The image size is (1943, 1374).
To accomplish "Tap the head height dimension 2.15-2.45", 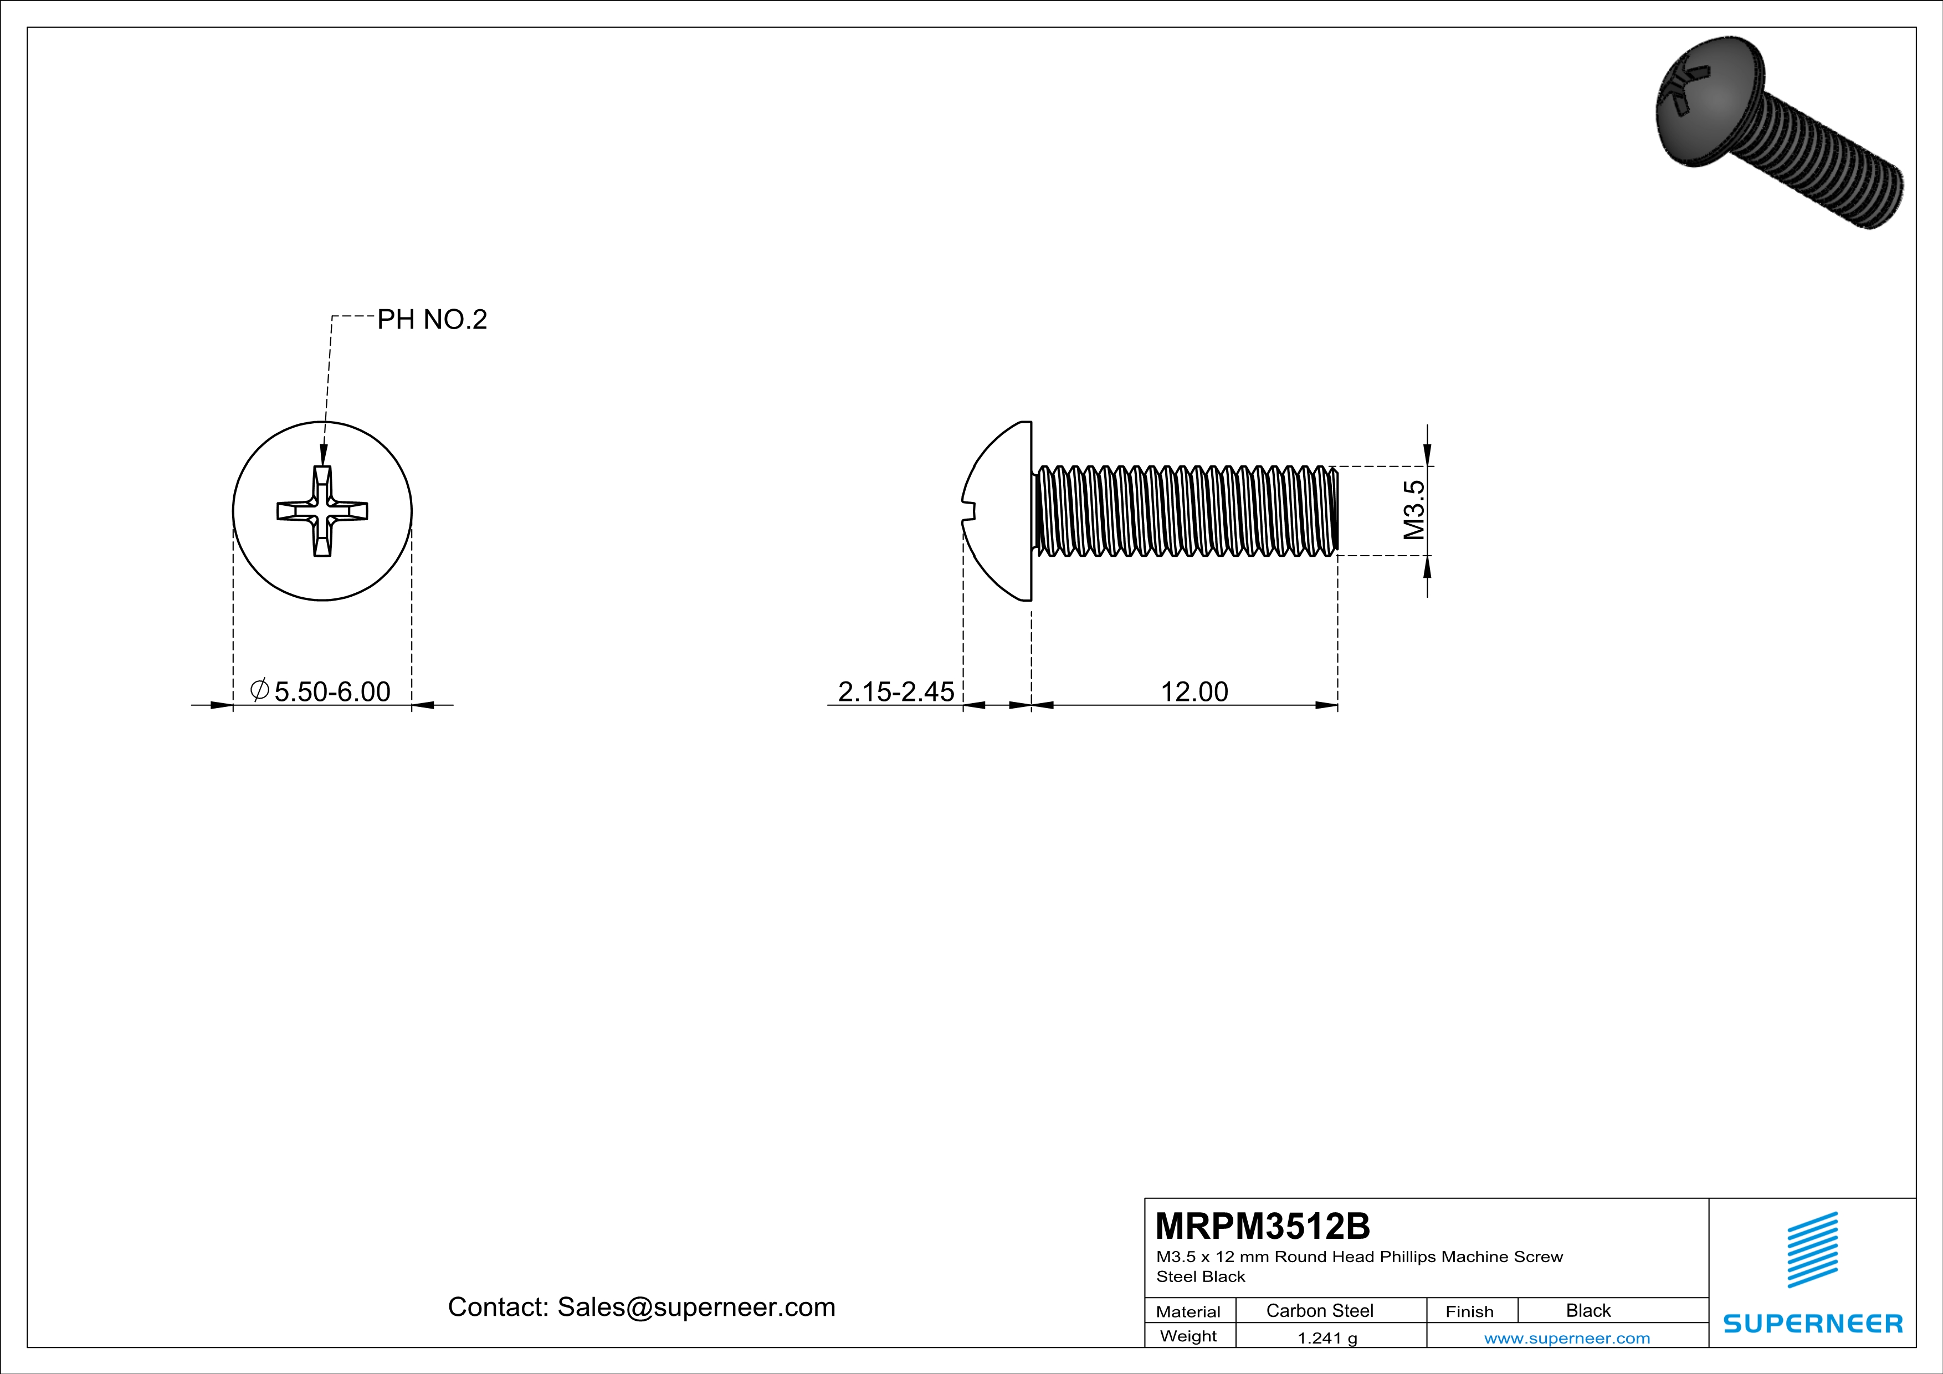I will click(x=895, y=691).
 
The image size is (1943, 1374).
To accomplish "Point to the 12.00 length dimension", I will click(x=1193, y=691).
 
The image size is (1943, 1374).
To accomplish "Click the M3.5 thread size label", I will click(x=1413, y=510).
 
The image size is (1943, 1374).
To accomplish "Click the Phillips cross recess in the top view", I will click(x=322, y=511).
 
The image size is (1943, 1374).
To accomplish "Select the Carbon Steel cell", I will click(x=1319, y=1310).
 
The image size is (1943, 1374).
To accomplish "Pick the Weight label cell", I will click(x=1188, y=1336).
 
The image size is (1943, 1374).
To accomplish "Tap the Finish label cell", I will click(x=1469, y=1311).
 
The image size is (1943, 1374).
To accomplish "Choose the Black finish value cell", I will click(x=1587, y=1310).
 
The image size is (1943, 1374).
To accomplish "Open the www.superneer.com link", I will click(x=1566, y=1337).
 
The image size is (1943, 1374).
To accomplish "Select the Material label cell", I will click(x=1188, y=1311).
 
